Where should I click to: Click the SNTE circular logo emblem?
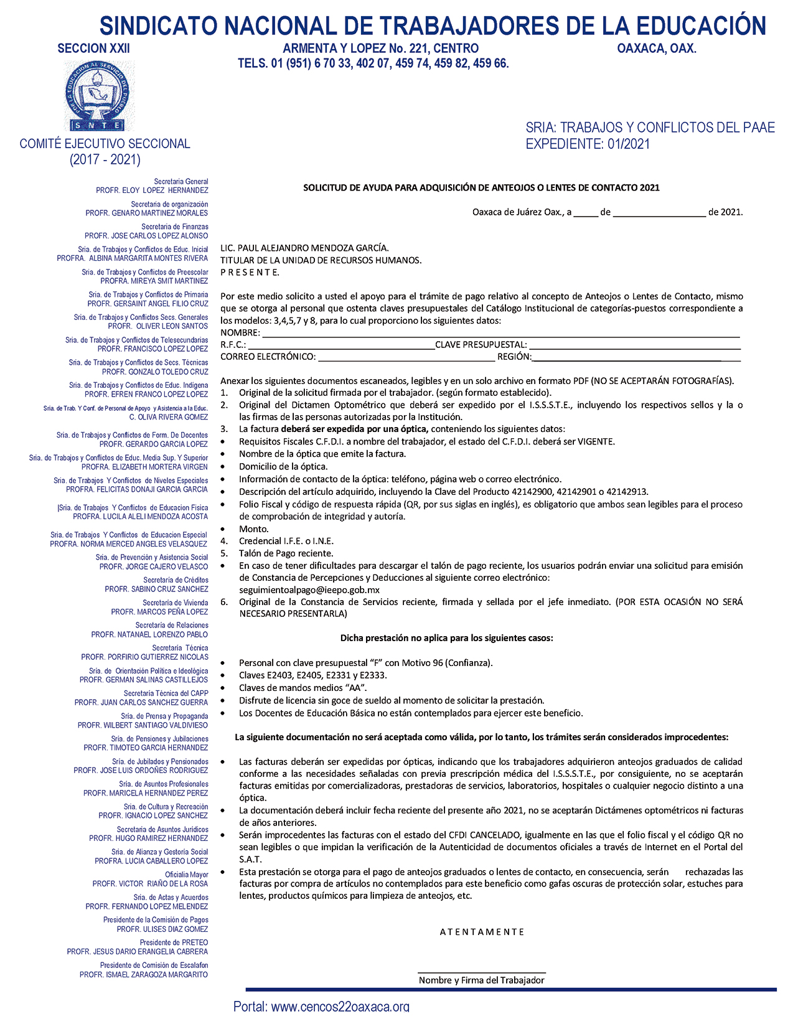[x=98, y=96]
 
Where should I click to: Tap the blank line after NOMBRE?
[x=500, y=334]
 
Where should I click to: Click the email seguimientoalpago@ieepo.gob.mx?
[x=309, y=590]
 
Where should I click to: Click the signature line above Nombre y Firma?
[x=481, y=972]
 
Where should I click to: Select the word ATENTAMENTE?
[x=482, y=932]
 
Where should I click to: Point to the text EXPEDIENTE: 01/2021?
[x=588, y=144]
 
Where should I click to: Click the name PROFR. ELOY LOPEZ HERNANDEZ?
[x=152, y=190]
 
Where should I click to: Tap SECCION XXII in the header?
[x=93, y=49]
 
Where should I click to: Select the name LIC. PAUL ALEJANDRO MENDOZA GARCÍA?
[x=304, y=248]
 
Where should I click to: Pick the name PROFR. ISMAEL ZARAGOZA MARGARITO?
[x=144, y=975]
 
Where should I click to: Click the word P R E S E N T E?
[x=250, y=273]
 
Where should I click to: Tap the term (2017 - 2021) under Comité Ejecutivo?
[x=105, y=160]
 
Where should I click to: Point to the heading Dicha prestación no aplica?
[x=446, y=638]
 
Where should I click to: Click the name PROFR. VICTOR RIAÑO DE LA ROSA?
[x=150, y=884]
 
